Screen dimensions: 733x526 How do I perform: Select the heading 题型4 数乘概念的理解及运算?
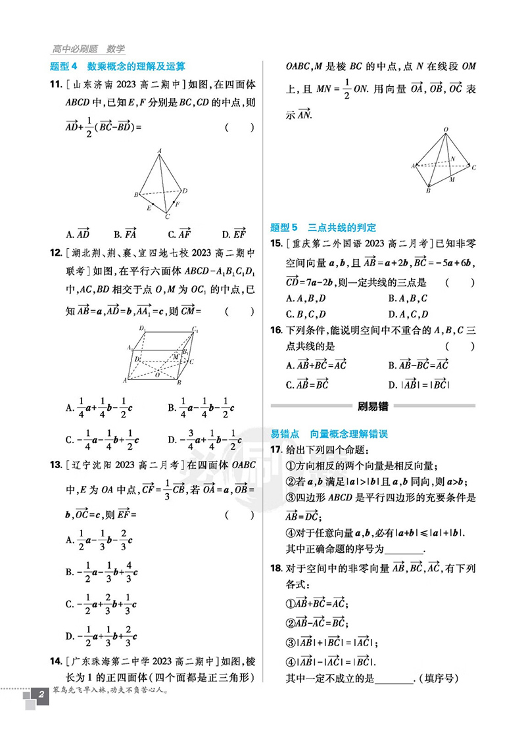tap(118, 66)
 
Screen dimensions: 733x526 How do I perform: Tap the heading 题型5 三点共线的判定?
tap(323, 227)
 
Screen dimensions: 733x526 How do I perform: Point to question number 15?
tap(276, 245)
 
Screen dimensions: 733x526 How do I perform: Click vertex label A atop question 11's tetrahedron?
tap(159, 151)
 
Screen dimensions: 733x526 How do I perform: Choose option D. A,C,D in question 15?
tap(408, 314)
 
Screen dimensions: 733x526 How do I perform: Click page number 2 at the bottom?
tap(41, 714)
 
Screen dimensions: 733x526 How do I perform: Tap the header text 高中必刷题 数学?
tap(88, 49)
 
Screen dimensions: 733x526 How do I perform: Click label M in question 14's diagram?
tap(452, 179)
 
